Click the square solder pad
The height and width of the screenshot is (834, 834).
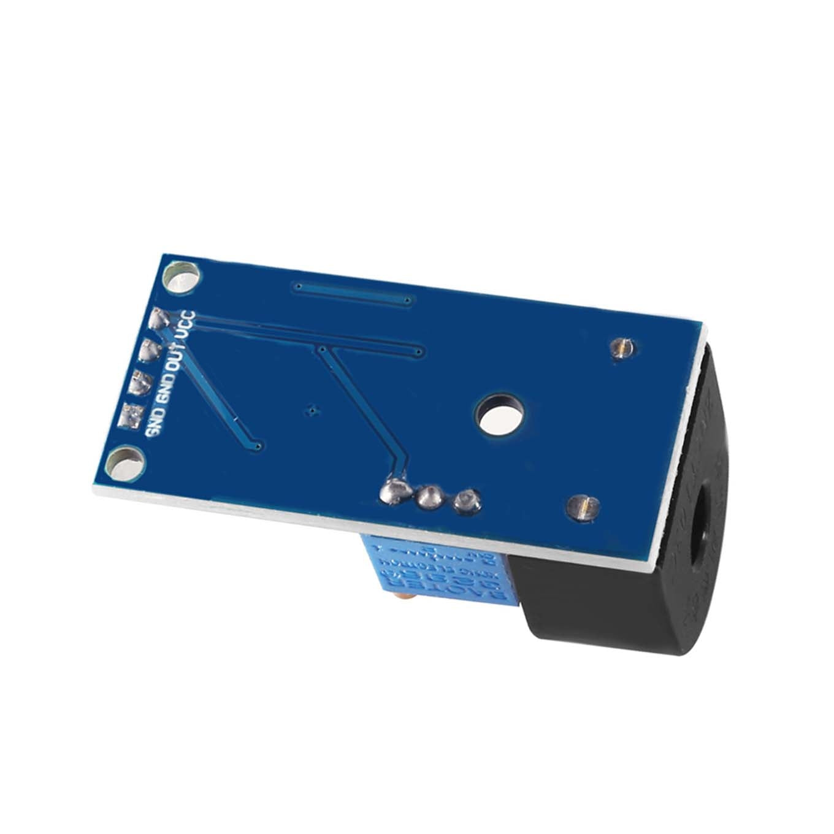[132, 415]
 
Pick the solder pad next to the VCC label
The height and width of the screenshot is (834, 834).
[159, 319]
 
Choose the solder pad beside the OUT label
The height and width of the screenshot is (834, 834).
[149, 351]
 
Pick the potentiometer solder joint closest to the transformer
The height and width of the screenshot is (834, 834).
[467, 500]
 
